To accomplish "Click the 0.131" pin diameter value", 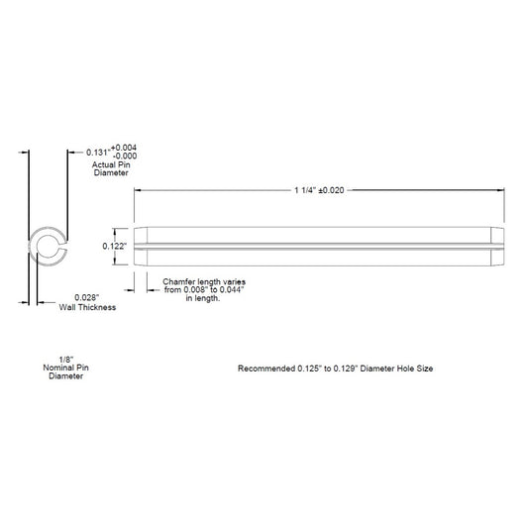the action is (98, 153).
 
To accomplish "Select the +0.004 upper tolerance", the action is (124, 148).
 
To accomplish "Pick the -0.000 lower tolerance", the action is (125, 156).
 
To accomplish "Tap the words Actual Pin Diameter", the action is (111, 168).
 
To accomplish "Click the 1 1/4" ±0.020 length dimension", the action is (319, 190).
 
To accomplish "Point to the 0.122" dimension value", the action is (115, 246).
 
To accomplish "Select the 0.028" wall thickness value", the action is (87, 297).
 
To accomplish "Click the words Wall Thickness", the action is (87, 307).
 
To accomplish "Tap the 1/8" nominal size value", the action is (66, 360).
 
